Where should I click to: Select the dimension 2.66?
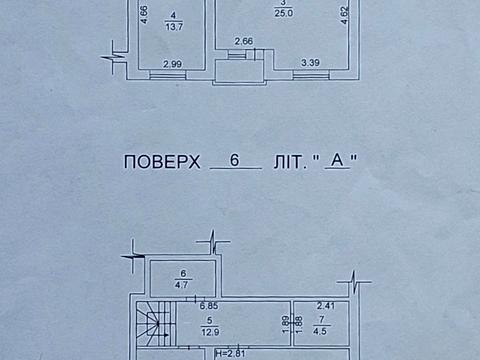pos(243,41)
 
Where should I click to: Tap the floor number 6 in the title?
pos(235,160)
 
